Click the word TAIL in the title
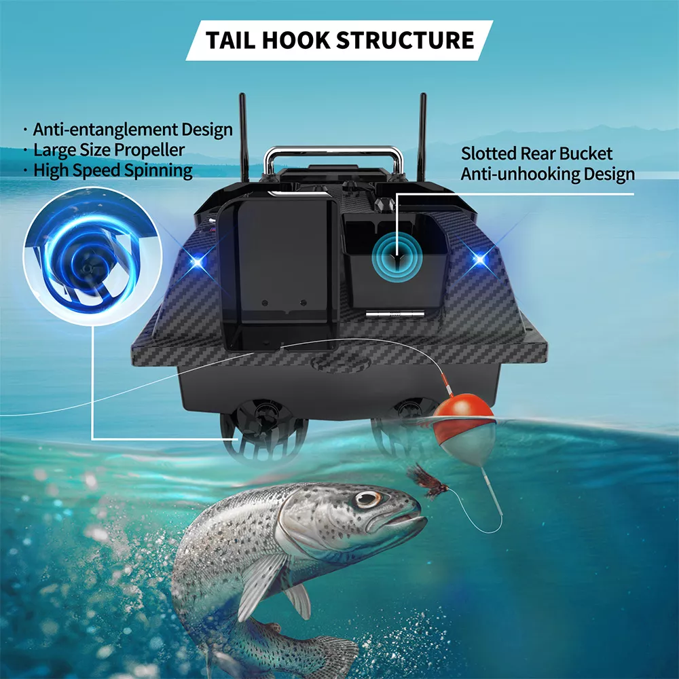pos(232,40)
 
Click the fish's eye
pos(368,500)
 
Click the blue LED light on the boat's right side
pos(480,259)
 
